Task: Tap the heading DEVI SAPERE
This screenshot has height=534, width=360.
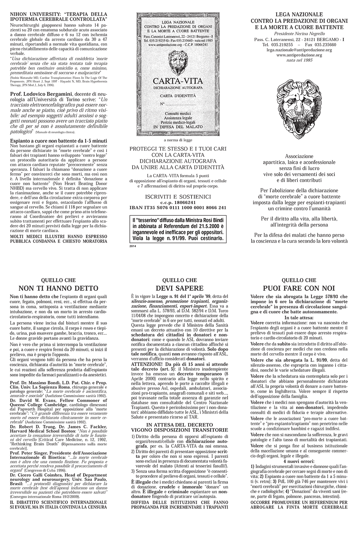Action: [x=179, y=288]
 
